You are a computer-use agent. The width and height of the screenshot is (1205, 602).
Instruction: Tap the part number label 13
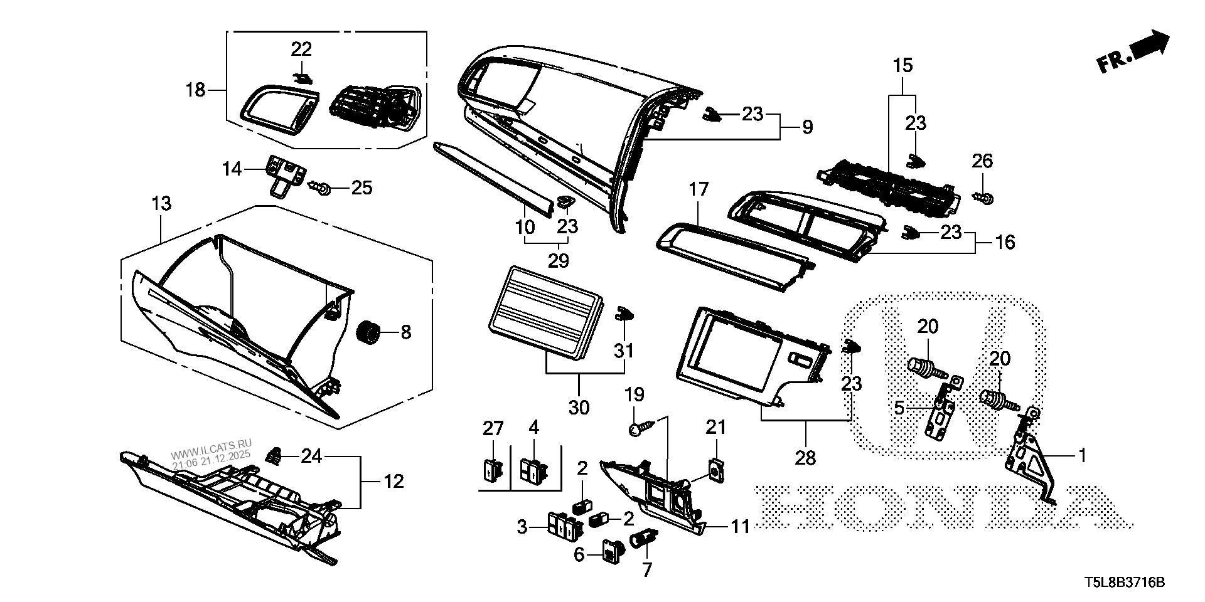161,204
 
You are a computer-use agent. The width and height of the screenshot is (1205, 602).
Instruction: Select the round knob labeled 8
369,331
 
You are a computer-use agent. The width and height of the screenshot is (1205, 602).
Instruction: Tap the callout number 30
579,407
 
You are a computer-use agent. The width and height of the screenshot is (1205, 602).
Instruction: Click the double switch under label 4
534,470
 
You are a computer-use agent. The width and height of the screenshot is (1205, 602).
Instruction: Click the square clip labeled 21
715,468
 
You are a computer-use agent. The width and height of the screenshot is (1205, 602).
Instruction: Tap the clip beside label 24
274,455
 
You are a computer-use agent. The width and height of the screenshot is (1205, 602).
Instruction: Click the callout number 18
196,90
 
